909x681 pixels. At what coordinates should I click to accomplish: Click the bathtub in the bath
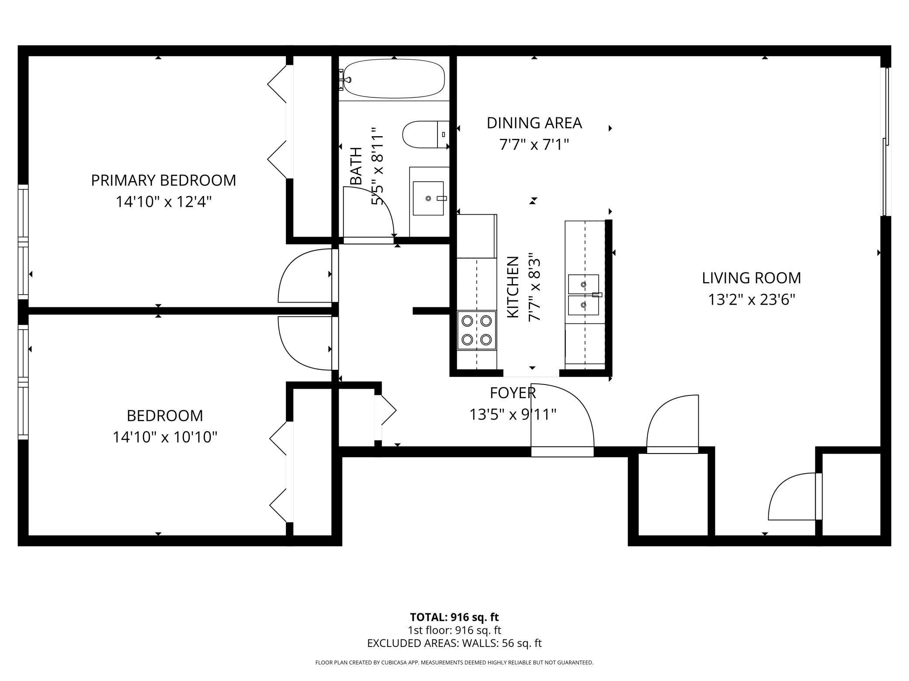pyautogui.click(x=394, y=79)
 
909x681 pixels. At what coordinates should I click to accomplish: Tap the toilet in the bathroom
pyautogui.click(x=426, y=134)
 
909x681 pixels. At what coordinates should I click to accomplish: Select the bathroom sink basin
pyautogui.click(x=428, y=199)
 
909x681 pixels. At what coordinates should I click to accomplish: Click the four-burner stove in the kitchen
pyautogui.click(x=477, y=330)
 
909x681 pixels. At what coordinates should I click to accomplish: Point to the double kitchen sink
pyautogui.click(x=583, y=295)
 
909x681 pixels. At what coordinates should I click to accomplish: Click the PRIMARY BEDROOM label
pyautogui.click(x=163, y=180)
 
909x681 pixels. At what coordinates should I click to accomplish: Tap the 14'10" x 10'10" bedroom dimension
pyautogui.click(x=165, y=437)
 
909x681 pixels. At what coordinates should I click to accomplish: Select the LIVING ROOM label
pyautogui.click(x=752, y=278)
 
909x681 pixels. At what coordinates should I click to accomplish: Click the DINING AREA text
pyautogui.click(x=534, y=123)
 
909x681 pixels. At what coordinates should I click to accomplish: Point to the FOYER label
pyautogui.click(x=513, y=393)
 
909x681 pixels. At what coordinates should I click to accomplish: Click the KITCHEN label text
pyautogui.click(x=512, y=287)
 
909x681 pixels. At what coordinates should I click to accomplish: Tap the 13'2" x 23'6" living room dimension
pyautogui.click(x=752, y=300)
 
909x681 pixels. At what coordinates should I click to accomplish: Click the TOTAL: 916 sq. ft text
pyautogui.click(x=454, y=617)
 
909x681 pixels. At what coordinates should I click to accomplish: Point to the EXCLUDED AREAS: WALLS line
pyautogui.click(x=454, y=643)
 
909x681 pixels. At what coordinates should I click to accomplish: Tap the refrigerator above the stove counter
pyautogui.click(x=477, y=236)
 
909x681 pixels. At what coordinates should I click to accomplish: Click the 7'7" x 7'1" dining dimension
pyautogui.click(x=534, y=144)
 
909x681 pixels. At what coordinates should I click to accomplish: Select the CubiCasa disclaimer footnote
pyautogui.click(x=454, y=663)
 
